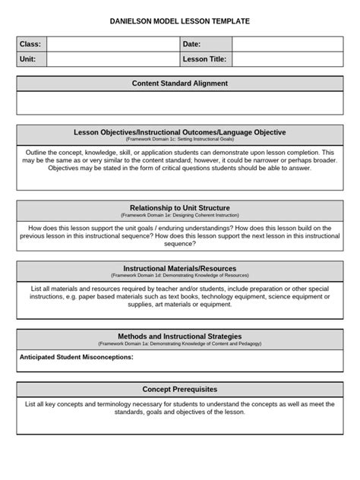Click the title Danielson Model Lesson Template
point(179,22)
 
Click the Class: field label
point(30,45)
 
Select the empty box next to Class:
point(112,45)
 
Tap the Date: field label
point(191,45)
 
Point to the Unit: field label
point(29,59)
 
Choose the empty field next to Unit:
point(112,59)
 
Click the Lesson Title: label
point(205,59)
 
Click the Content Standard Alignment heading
point(179,84)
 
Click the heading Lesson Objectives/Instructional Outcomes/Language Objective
point(179,132)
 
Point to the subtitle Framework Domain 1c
point(179,141)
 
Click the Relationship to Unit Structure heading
point(179,207)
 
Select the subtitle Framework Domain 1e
point(179,216)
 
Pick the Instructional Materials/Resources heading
point(179,268)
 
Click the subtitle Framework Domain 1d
point(179,276)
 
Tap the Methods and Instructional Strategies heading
point(179,336)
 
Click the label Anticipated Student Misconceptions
point(76,356)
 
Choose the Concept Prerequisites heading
point(179,389)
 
